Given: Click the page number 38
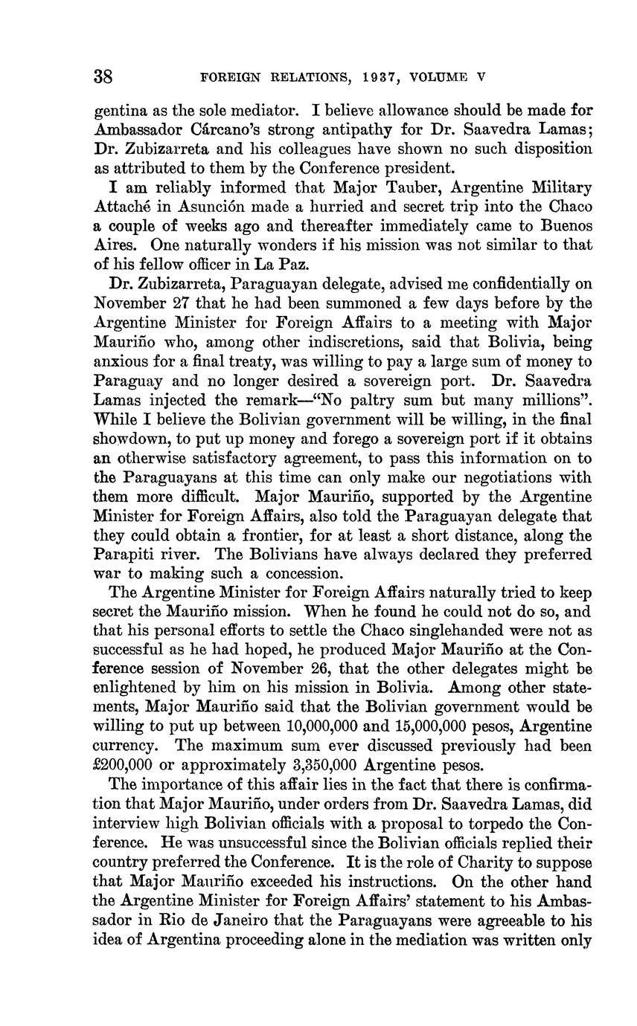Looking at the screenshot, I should pyautogui.click(x=103, y=76).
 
